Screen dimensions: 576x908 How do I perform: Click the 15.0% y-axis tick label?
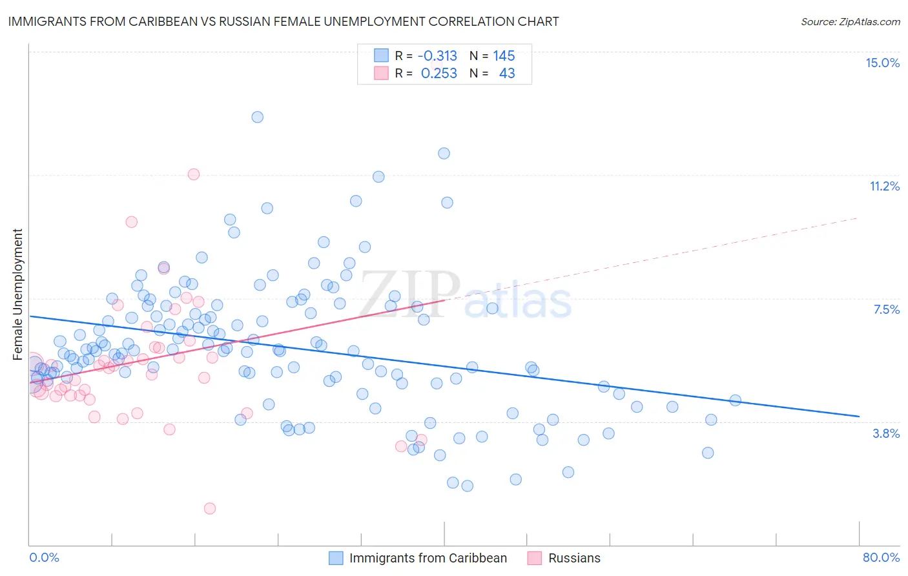[x=882, y=63]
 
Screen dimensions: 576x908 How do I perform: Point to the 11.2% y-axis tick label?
[x=884, y=186]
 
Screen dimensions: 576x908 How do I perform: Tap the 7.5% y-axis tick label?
[x=886, y=309]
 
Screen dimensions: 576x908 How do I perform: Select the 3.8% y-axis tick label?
[x=886, y=433]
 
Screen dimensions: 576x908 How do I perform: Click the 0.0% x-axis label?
[x=44, y=557]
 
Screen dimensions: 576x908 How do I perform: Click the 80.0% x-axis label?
[x=881, y=557]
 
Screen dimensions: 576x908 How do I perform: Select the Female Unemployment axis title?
[x=17, y=294]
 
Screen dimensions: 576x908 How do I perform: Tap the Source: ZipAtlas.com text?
[x=850, y=21]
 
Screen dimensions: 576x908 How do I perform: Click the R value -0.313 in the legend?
[x=437, y=56]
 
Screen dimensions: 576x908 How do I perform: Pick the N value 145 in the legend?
[x=504, y=56]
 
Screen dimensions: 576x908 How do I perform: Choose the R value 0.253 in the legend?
[x=439, y=73]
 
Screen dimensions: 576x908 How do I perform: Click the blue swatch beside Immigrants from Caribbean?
[x=336, y=558]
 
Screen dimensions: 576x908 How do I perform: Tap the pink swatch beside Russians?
[x=534, y=558]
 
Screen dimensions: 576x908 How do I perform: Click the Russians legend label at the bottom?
[x=574, y=558]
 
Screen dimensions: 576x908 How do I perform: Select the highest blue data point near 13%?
[x=257, y=117]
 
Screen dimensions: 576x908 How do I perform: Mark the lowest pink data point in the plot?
[x=209, y=508]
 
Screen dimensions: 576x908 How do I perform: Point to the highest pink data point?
[x=193, y=174]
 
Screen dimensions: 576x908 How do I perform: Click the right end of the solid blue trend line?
[x=859, y=417]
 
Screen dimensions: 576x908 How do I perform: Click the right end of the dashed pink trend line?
[x=859, y=218]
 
